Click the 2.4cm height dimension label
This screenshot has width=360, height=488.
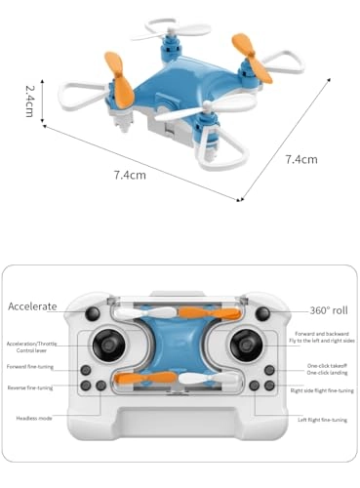pos(30,102)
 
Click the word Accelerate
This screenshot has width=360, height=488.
pos(32,306)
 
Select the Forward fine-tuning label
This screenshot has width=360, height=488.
pos(30,367)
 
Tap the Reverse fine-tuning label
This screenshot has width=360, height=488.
pos(30,386)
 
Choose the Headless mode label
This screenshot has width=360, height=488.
pos(34,419)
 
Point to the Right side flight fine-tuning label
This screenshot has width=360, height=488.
pos(321,390)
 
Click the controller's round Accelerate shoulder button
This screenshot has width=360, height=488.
pos(93,312)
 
